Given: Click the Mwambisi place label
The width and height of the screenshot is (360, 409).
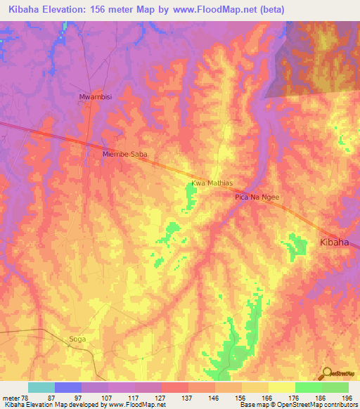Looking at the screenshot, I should click(x=94, y=98).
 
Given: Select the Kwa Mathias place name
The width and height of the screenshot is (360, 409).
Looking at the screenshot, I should click(x=211, y=184).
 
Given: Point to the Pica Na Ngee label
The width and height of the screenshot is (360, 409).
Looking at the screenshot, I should click(x=257, y=197).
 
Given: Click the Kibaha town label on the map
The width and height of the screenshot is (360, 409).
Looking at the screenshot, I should click(x=335, y=242).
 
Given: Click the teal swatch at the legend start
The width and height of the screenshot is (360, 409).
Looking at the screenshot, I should click(x=41, y=387).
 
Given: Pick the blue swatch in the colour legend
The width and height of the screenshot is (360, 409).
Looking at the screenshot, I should click(x=68, y=387).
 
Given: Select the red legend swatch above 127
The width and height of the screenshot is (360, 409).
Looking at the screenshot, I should click(x=175, y=387).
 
